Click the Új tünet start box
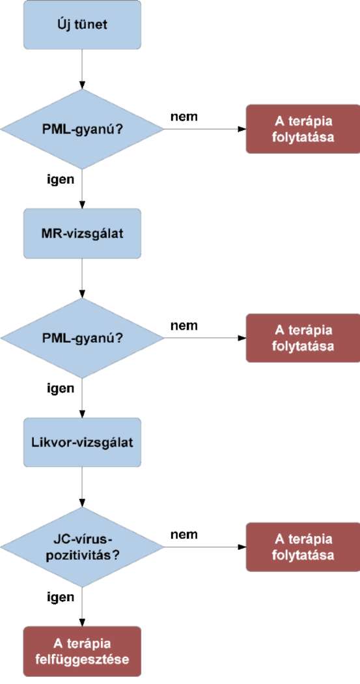coord(83,25)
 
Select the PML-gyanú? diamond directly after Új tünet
coord(83,129)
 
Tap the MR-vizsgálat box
coord(83,233)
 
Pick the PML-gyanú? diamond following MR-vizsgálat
coord(83,338)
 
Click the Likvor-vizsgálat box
coord(83,442)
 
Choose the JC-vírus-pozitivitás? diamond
coord(83,547)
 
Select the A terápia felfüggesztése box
coord(83,651)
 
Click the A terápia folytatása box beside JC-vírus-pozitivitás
coord(303,547)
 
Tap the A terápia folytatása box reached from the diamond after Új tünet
coord(303,129)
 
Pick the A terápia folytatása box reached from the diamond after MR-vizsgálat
coord(303,338)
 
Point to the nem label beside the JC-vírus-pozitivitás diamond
coord(184,534)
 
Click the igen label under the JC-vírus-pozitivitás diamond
coord(61,597)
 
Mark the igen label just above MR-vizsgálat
coord(61,179)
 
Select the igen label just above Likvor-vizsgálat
coord(61,388)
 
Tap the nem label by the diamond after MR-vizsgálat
coord(184,326)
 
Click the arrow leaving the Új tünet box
coord(83,69)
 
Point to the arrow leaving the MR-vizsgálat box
coord(83,278)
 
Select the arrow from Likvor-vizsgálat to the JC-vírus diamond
coord(83,487)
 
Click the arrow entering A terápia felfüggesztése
coord(83,606)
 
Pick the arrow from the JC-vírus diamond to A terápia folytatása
coord(205,547)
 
